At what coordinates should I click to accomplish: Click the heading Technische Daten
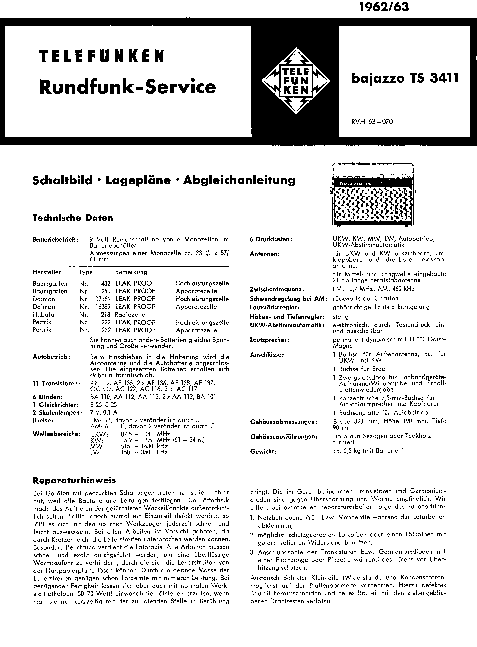point(73,218)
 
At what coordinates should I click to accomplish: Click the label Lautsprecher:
point(269,340)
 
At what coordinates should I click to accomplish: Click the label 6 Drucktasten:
point(271,239)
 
